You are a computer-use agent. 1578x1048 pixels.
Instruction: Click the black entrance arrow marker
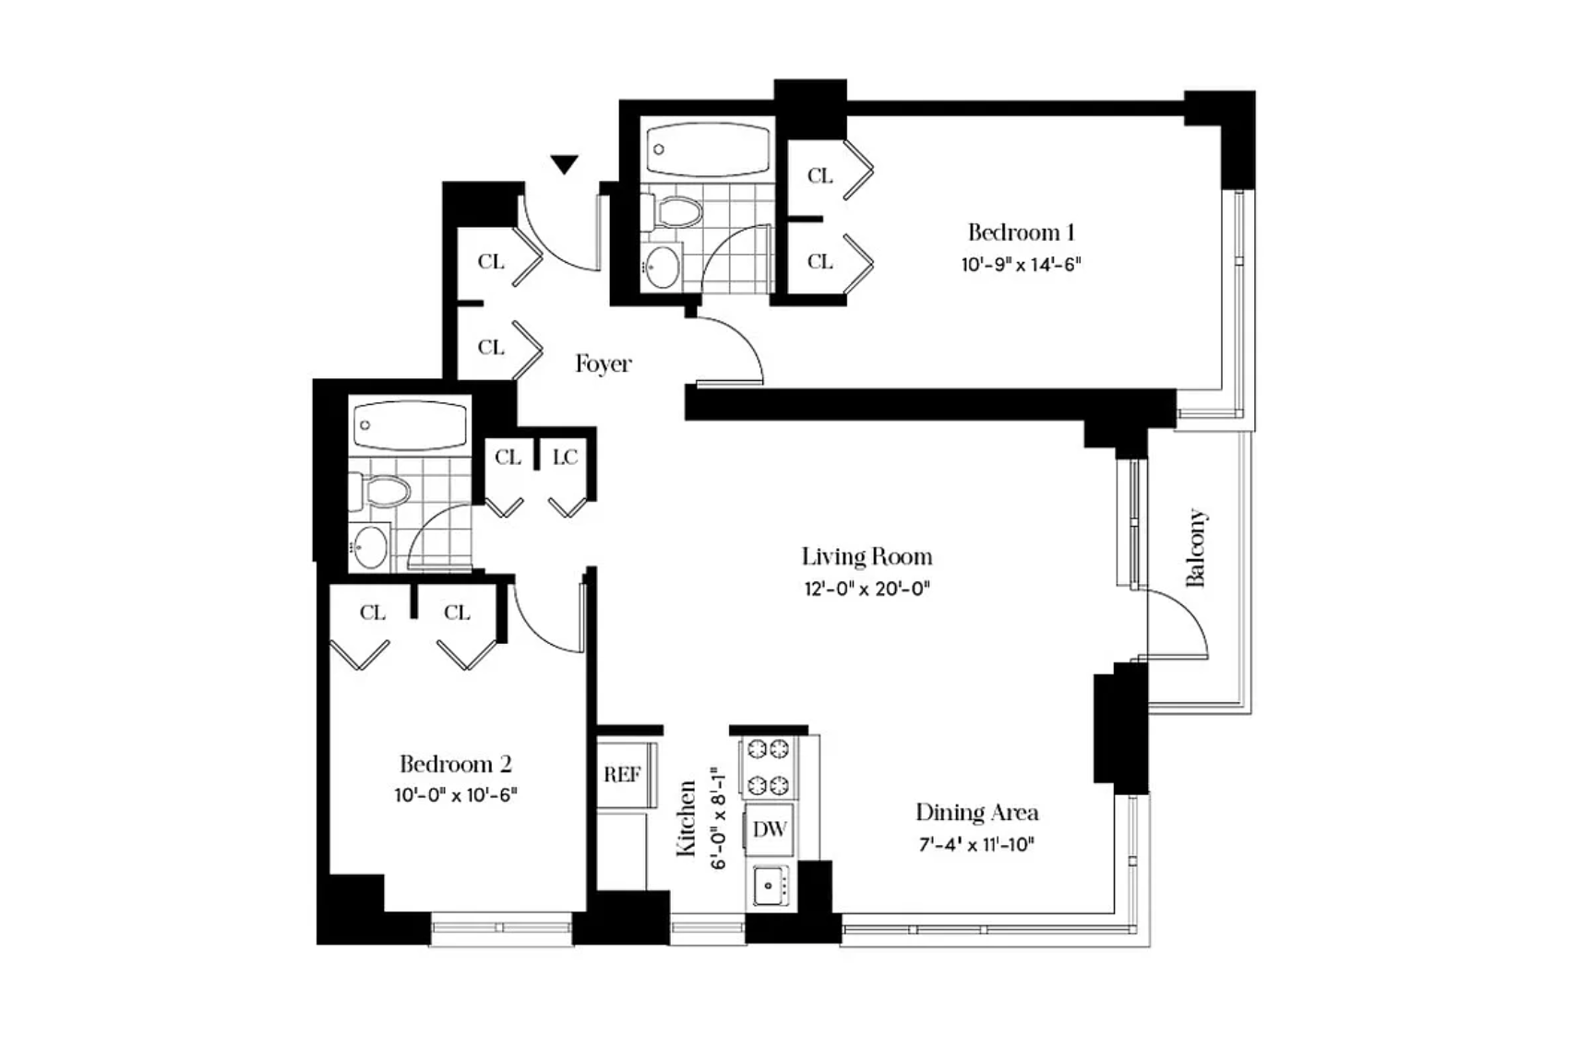point(564,164)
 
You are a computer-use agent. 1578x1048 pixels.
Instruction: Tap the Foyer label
point(603,364)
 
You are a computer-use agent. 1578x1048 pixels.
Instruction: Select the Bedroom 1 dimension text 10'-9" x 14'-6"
point(1021,265)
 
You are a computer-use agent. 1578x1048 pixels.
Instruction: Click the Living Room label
point(867,557)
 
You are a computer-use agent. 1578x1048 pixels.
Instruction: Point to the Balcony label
point(1197,547)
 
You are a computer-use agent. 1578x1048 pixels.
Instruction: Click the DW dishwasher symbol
point(770,829)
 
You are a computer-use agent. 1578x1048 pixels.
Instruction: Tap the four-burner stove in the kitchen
point(769,767)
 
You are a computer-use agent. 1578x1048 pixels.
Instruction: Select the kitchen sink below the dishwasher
point(771,886)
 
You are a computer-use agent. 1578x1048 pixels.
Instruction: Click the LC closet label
point(566,458)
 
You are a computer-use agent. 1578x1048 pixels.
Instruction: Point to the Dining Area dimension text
point(976,844)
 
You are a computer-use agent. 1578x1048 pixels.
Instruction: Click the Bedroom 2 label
point(456,764)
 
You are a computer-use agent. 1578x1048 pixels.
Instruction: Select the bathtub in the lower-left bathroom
point(411,424)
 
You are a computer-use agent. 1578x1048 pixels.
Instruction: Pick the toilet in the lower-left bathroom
point(379,490)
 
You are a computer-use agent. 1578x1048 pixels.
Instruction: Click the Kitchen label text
point(687,818)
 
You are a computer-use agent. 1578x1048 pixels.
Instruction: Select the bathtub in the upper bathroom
point(708,149)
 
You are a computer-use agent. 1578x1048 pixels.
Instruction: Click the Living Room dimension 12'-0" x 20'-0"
point(867,588)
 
